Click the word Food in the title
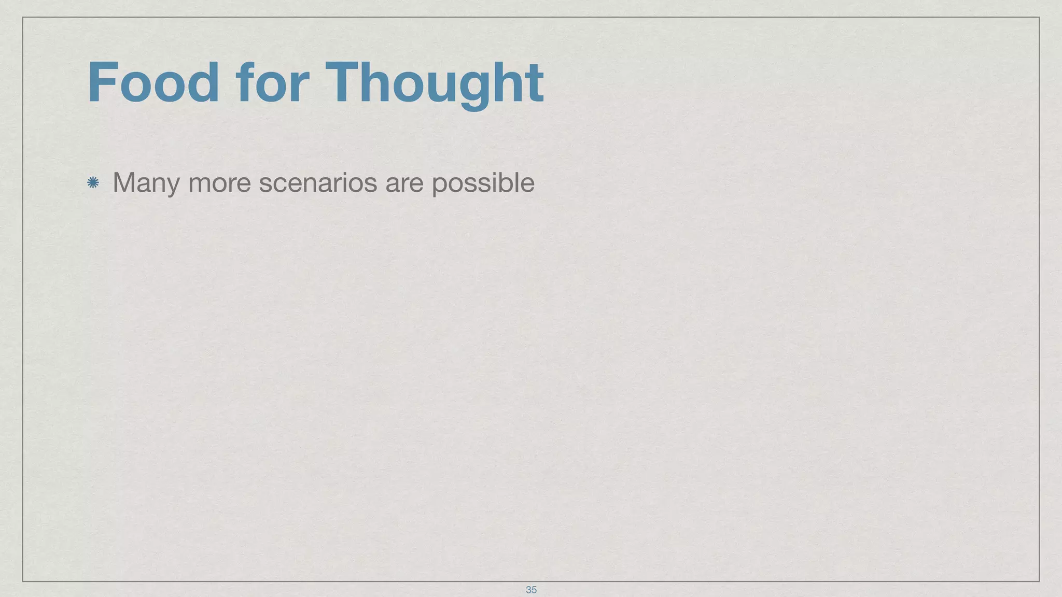153,83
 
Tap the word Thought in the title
435,83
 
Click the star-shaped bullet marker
93,182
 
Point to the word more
219,183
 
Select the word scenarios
318,183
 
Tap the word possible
483,183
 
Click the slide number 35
531,590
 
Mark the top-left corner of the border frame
23,17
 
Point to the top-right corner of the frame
1039,17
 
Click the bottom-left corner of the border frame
23,581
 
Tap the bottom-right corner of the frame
1039,581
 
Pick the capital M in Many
125,182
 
